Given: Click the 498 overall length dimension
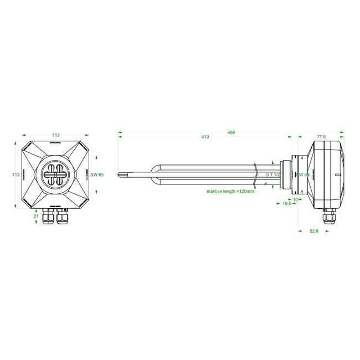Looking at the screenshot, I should pos(232,132).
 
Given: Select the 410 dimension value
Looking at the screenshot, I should pos(205,137).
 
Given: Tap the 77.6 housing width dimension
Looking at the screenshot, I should pos(321,136).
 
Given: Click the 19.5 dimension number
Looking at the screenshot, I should pos(287,204).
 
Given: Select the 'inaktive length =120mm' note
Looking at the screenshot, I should pos(230,191).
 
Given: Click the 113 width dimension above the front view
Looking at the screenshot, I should pos(56,135).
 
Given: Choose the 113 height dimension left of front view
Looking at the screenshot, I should pos(16,174).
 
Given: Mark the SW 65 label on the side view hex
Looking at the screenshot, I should pos(302,174).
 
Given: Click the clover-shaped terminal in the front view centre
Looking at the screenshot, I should pos(55,174).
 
